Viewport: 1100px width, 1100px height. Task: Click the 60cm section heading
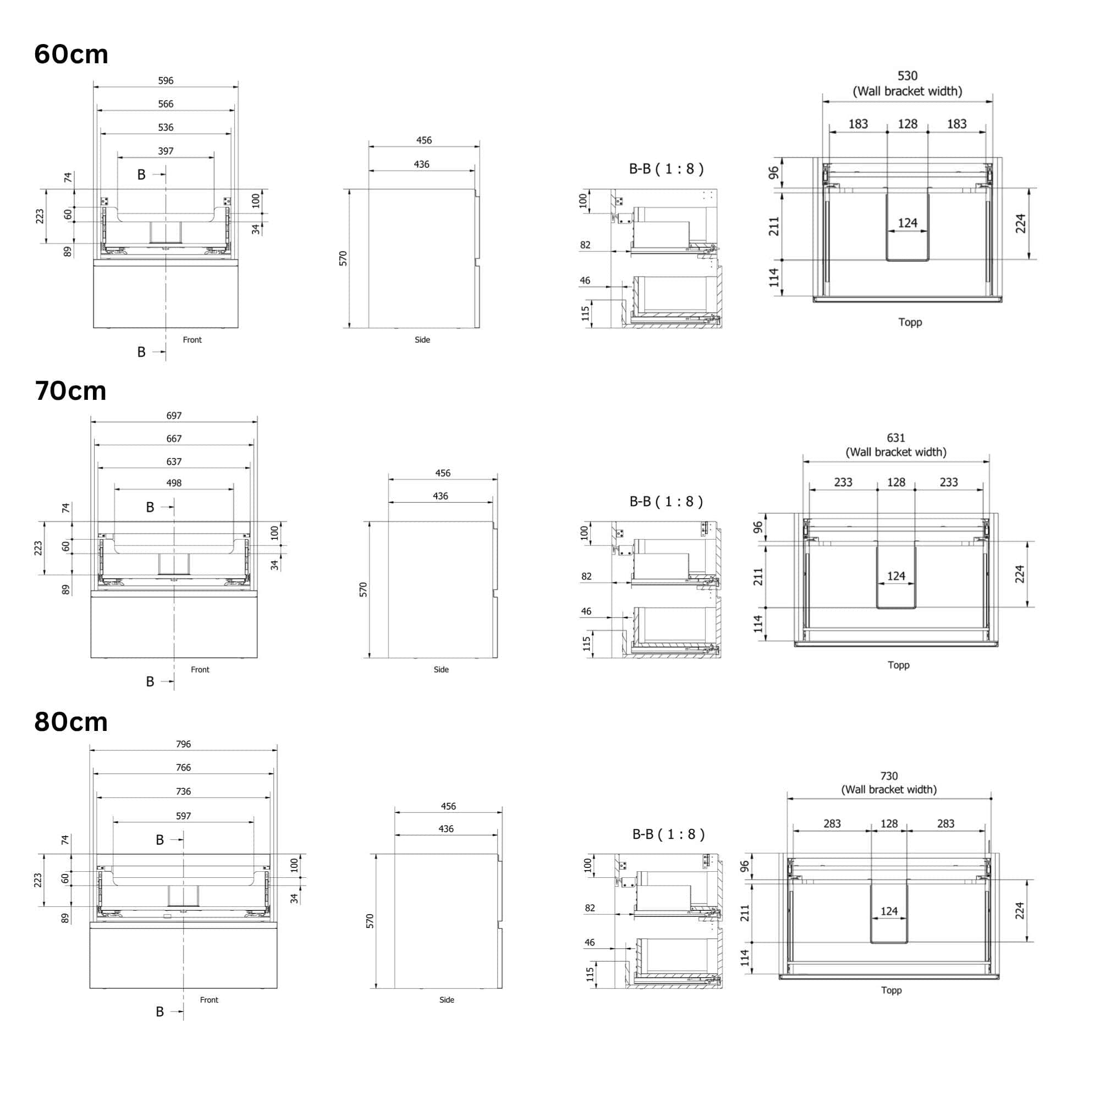pyautogui.click(x=71, y=54)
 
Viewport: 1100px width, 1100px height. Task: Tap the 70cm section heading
pyautogui.click(x=70, y=391)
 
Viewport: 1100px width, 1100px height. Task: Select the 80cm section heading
pyautogui.click(x=71, y=722)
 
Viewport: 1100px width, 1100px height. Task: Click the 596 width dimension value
pyautogui.click(x=166, y=81)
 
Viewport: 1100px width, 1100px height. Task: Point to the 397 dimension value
pyautogui.click(x=166, y=151)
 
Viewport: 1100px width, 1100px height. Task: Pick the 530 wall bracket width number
pyautogui.click(x=908, y=76)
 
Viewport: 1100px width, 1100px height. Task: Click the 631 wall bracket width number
pyautogui.click(x=896, y=438)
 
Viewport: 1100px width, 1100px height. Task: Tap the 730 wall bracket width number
pyautogui.click(x=889, y=776)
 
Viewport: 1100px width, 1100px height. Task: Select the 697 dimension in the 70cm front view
pyautogui.click(x=174, y=416)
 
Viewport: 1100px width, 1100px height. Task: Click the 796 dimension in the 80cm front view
pyautogui.click(x=183, y=744)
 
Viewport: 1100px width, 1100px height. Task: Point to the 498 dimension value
pyautogui.click(x=174, y=483)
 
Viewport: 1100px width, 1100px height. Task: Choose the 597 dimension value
pyautogui.click(x=183, y=816)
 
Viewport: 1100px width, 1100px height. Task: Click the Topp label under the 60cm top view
pyautogui.click(x=910, y=322)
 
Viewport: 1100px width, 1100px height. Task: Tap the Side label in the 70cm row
pyautogui.click(x=441, y=669)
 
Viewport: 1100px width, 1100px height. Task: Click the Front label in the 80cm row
pyautogui.click(x=209, y=1000)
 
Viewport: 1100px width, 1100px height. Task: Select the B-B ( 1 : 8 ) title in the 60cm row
pyautogui.click(x=666, y=168)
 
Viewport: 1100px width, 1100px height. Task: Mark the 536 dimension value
pyautogui.click(x=166, y=128)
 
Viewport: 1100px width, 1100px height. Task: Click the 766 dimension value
pyautogui.click(x=183, y=767)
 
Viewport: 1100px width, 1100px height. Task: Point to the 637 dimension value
pyautogui.click(x=174, y=462)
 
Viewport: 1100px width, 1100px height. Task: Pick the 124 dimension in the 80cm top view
pyautogui.click(x=889, y=911)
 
